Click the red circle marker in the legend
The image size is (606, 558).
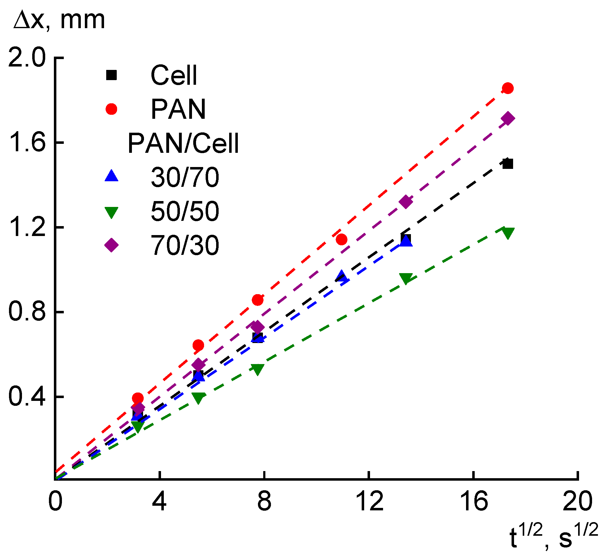click(111, 109)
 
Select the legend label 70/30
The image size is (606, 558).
click(185, 246)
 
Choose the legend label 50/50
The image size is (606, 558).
click(185, 212)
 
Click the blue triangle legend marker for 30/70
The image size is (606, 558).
click(111, 176)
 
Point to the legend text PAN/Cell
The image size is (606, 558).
click(183, 143)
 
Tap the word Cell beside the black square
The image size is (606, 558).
click(174, 75)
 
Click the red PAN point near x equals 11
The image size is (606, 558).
click(341, 239)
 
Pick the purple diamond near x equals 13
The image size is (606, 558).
click(406, 202)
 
